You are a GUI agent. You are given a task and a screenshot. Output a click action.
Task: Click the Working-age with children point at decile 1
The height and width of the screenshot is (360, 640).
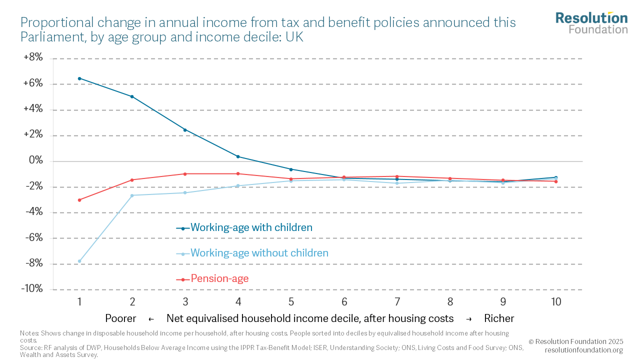(79, 78)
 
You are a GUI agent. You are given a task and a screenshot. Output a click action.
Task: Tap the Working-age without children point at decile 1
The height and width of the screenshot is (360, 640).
(79, 261)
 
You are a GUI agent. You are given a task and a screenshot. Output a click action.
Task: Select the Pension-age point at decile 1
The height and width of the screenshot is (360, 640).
(79, 200)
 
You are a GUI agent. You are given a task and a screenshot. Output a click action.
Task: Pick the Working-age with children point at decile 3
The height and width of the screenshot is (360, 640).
(185, 130)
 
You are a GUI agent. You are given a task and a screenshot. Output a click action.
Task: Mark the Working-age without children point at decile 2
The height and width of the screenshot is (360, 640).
(132, 195)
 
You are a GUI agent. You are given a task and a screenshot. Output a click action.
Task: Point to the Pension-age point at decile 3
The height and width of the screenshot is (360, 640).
(185, 174)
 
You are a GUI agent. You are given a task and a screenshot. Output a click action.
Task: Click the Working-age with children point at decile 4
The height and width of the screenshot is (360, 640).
(238, 156)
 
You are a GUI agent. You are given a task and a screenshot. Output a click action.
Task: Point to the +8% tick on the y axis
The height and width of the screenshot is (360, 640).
(33, 58)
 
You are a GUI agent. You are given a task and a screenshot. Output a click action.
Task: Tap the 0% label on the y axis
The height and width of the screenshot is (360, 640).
(35, 161)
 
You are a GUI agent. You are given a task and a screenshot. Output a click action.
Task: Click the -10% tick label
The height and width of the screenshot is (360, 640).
(32, 289)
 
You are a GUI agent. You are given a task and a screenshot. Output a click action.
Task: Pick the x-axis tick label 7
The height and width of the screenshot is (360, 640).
(397, 302)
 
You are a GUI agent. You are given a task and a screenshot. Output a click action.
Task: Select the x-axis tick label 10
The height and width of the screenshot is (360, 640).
(556, 302)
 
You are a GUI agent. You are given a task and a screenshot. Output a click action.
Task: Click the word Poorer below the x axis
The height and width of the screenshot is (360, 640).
(120, 318)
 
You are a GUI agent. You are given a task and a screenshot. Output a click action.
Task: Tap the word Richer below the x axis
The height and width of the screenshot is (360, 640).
(499, 318)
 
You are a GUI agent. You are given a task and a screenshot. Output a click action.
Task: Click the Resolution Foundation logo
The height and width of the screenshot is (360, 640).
(591, 22)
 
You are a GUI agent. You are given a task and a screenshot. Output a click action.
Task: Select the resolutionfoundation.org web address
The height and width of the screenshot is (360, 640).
(583, 350)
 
